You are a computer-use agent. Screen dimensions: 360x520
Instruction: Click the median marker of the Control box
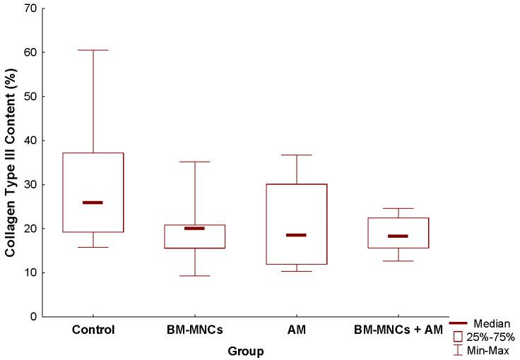(93, 203)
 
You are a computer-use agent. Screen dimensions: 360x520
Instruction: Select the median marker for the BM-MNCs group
(194, 228)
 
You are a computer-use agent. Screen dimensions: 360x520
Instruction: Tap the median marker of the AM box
(296, 235)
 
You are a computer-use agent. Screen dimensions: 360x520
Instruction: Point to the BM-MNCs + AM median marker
(398, 236)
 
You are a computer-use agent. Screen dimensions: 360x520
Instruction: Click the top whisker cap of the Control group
(93, 50)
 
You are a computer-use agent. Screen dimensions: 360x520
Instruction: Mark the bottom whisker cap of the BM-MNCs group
(194, 275)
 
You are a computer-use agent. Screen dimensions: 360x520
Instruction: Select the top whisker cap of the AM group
(296, 155)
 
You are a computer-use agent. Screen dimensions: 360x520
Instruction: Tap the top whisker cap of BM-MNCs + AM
(398, 208)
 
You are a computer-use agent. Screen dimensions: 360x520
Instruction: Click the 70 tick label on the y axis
(29, 8)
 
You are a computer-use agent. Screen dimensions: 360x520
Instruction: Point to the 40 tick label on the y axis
(29, 140)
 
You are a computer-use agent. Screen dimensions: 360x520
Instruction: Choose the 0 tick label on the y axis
(32, 317)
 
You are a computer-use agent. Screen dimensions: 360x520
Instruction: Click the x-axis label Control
(93, 330)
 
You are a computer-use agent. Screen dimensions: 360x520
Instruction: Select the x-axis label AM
(296, 330)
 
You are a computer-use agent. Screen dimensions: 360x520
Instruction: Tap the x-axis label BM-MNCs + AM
(398, 330)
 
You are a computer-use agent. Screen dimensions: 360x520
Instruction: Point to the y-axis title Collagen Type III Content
(11, 162)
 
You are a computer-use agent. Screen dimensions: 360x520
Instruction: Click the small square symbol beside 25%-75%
(458, 336)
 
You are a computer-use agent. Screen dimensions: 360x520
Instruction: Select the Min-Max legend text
(488, 349)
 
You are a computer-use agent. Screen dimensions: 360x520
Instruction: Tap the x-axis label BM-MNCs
(194, 330)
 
